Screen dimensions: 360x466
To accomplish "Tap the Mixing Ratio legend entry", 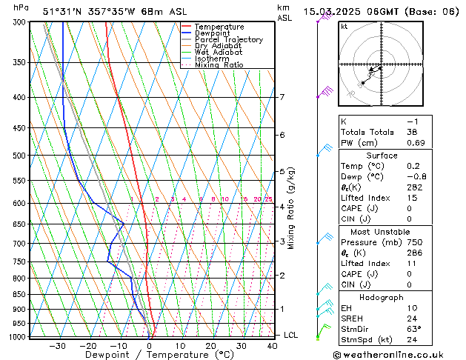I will click(219, 64).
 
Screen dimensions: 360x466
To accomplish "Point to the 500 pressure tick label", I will click(20, 156).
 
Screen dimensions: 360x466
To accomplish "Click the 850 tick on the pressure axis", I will click(20, 294).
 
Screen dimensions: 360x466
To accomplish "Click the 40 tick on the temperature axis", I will click(272, 345).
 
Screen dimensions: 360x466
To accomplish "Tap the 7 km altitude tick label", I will click(282, 97).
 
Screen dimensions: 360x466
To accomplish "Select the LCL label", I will click(291, 335).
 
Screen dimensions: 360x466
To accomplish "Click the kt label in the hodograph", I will click(344, 27).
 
